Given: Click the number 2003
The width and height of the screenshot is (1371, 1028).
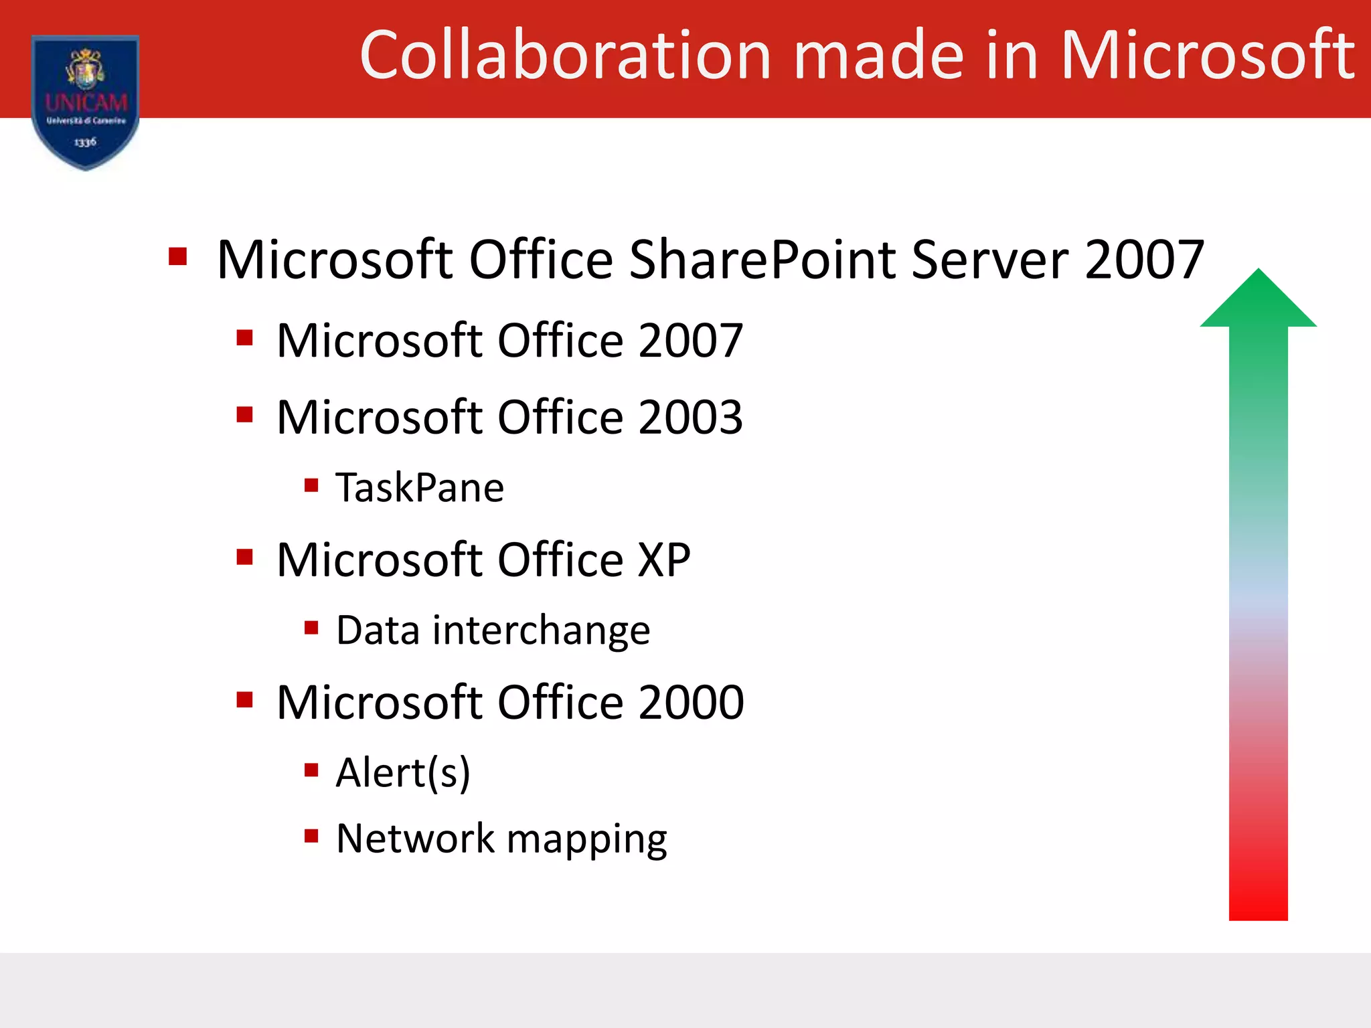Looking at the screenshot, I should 690,417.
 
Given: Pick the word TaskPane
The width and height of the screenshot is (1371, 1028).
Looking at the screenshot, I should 420,487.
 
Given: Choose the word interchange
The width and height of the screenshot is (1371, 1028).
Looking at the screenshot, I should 541,630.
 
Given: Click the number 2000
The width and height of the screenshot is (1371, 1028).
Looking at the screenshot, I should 691,702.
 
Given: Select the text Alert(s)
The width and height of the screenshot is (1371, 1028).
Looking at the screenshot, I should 403,773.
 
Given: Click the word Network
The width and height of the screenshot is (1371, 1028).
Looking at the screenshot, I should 415,839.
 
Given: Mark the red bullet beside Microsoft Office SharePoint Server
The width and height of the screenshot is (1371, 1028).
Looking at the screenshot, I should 177,256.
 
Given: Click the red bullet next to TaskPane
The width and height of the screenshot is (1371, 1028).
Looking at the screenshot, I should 311,485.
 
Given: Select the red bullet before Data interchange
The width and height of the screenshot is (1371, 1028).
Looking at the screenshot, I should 311,627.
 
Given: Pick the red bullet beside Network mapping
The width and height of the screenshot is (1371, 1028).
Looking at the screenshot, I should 311,835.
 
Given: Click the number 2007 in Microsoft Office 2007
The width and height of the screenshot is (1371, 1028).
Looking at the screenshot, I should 690,341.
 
